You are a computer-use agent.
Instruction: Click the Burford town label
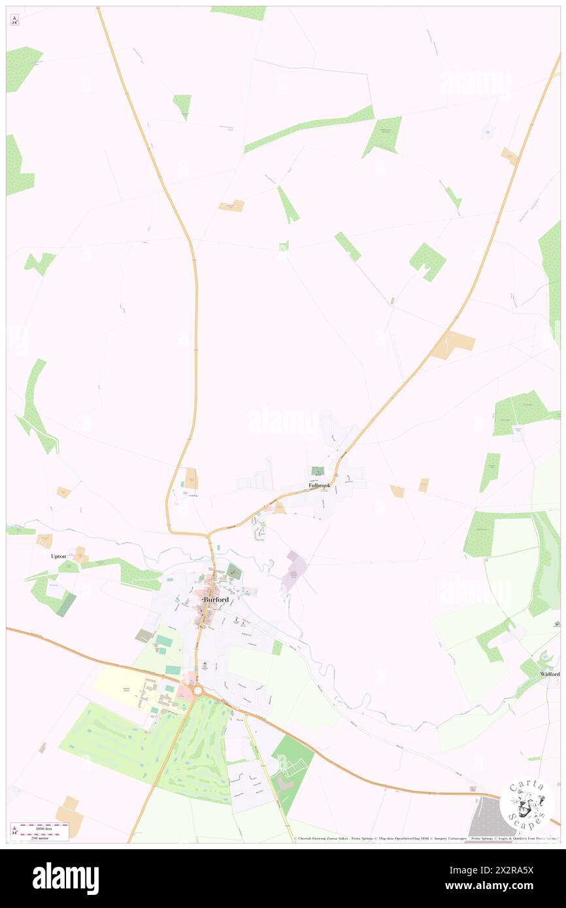tap(215, 599)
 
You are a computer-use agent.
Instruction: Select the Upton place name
tap(58, 556)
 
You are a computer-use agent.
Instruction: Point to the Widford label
tap(549, 673)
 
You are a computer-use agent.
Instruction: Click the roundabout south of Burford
tap(197, 690)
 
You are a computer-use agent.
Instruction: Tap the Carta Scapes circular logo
tap(527, 803)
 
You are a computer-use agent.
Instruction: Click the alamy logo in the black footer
tap(65, 878)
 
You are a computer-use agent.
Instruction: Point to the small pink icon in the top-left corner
tap(14, 20)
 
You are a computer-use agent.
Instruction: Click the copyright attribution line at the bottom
tap(425, 838)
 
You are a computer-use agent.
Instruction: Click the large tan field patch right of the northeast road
tap(454, 344)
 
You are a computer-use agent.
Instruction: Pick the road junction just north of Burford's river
tap(208, 536)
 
